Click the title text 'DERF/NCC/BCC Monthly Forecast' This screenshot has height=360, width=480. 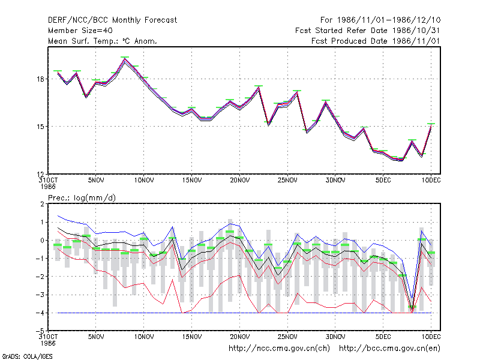[112, 20]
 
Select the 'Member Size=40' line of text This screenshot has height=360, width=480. [80, 31]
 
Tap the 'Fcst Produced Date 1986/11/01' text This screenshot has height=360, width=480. [376, 41]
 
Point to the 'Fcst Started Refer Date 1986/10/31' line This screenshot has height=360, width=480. [367, 31]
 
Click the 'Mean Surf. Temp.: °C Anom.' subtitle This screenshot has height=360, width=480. [103, 41]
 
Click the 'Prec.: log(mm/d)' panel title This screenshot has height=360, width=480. [82, 198]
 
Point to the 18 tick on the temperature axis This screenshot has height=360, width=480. [41, 79]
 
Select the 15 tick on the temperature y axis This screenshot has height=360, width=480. [41, 127]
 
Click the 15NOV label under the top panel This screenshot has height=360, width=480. [192, 180]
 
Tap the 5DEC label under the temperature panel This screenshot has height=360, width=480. [383, 180]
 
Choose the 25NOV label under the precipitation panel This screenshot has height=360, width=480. [287, 337]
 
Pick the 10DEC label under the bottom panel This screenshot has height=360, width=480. [431, 337]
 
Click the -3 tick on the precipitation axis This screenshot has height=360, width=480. [40, 295]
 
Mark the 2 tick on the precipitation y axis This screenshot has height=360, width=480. [43, 204]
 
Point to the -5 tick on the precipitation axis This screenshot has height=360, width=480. [40, 331]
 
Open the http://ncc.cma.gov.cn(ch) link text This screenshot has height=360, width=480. [279, 349]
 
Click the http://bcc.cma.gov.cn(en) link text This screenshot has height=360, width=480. [389, 349]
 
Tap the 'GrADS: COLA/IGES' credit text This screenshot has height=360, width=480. [27, 356]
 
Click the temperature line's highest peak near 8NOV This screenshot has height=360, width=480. [124, 59]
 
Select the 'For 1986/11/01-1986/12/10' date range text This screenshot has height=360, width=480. [380, 20]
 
